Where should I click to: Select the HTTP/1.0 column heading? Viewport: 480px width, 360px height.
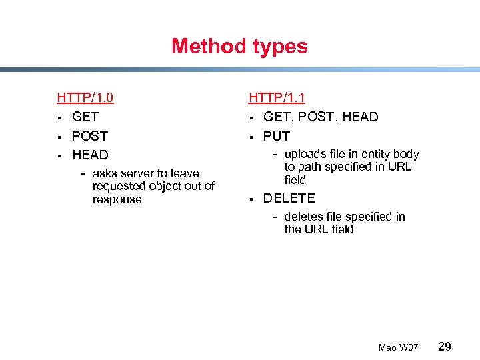85,98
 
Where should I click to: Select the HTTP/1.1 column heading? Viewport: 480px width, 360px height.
277,98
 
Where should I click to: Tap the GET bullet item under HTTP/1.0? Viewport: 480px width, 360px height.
85,117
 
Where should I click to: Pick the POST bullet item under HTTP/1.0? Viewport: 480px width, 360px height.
90,136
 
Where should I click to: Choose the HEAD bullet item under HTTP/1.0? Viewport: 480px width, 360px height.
90,155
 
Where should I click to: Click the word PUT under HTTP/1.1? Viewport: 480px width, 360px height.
277,136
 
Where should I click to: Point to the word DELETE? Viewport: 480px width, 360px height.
289,199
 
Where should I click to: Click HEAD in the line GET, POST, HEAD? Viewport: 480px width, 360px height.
360,117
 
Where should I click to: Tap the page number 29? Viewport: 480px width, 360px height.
445,346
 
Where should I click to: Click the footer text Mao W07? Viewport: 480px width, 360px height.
398,347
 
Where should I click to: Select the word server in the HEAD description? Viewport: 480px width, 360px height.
137,173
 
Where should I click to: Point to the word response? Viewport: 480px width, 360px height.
117,199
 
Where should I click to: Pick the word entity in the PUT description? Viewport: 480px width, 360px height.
373,155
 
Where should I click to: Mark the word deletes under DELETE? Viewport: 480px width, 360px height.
304,217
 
